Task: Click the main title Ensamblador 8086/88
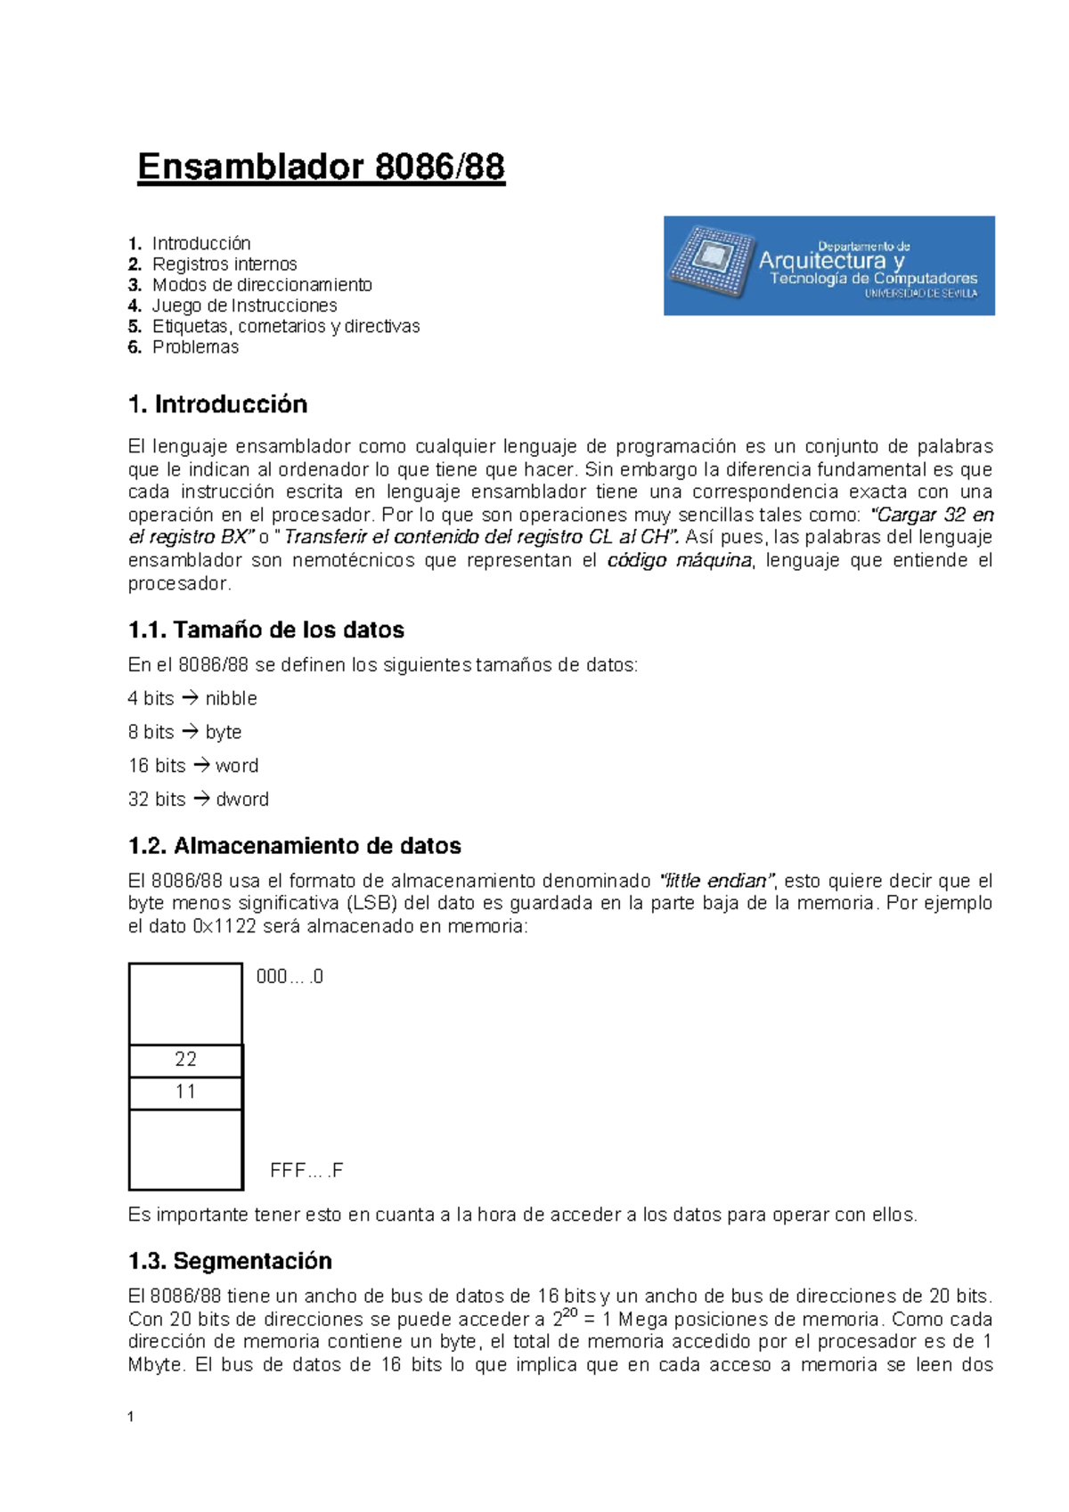pos(321,167)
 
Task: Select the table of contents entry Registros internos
pos(224,264)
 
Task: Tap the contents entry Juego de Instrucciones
pos(244,305)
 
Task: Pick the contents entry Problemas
pos(195,347)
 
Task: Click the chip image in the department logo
pos(710,261)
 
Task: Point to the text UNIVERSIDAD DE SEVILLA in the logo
pos(920,293)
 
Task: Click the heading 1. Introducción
pos(217,404)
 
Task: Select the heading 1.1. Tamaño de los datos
pos(265,630)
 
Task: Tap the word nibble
pos(231,698)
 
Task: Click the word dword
pos(242,799)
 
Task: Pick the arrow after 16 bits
pos(201,765)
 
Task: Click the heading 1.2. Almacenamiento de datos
pos(294,845)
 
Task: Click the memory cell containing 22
pos(185,1060)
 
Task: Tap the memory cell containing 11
pos(185,1093)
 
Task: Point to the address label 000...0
pos(290,977)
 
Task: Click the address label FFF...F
pos(306,1170)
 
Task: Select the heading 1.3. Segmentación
pos(230,1260)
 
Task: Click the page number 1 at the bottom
pos(131,1417)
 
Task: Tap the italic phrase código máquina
pos(680,560)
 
